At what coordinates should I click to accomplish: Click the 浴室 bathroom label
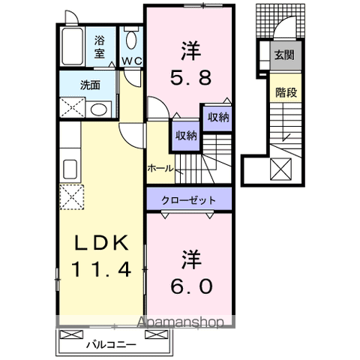[x=100, y=47]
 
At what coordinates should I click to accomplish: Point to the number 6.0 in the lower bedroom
[x=190, y=286]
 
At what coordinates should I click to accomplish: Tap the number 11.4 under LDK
[x=103, y=268]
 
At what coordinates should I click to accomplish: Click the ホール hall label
[x=160, y=168]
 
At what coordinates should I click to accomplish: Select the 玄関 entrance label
[x=283, y=55]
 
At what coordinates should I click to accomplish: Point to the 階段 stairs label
[x=283, y=94]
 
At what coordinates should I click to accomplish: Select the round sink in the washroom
[x=98, y=109]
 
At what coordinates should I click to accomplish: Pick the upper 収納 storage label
[x=217, y=117]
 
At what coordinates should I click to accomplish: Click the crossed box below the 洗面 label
[x=72, y=108]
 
